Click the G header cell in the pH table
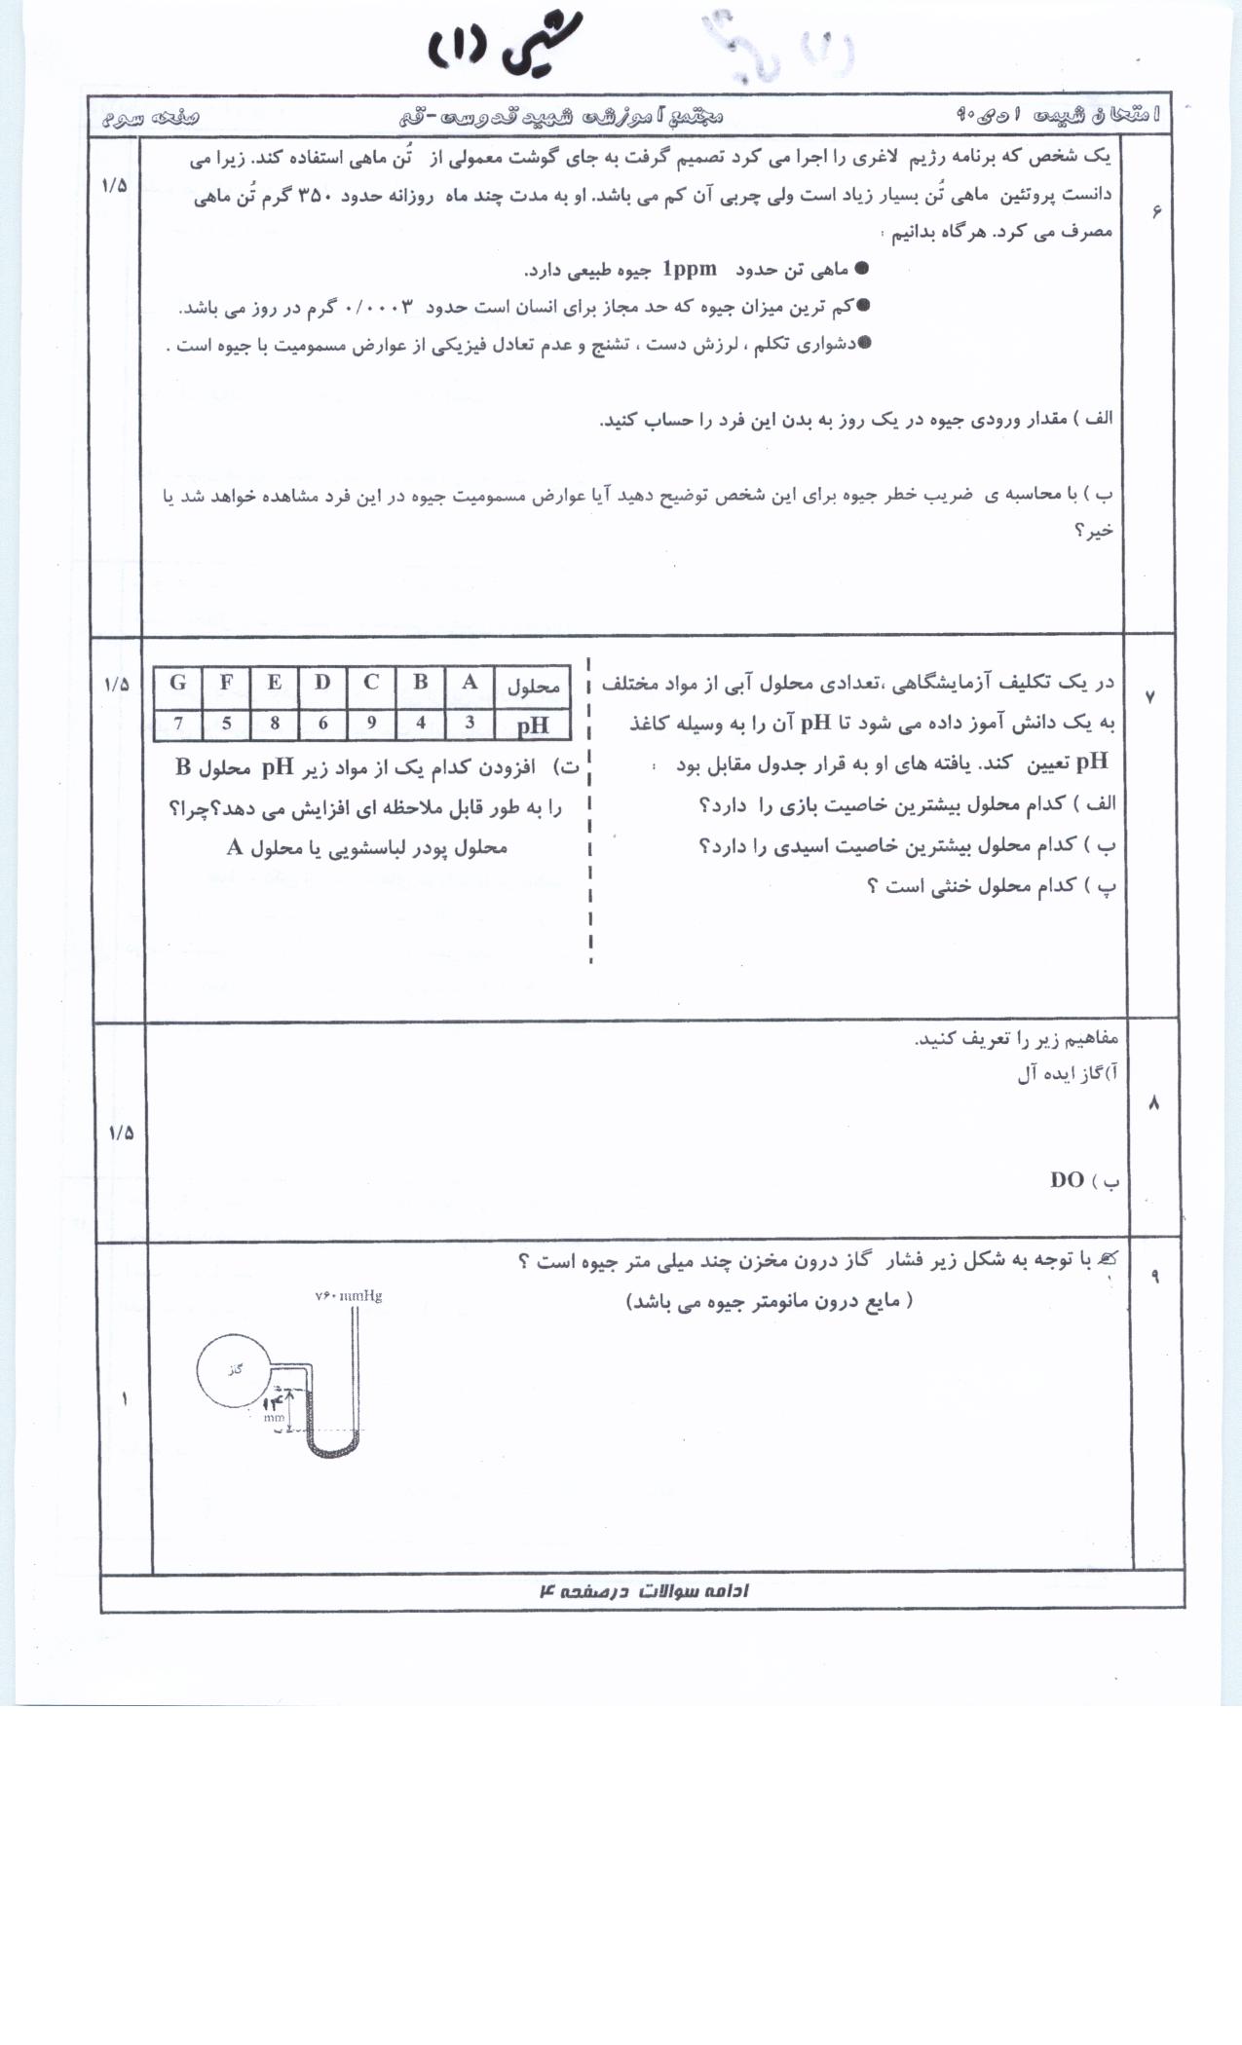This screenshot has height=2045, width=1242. coord(177,684)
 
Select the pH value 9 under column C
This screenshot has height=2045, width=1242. coord(371,724)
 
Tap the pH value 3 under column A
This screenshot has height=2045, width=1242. coord(470,724)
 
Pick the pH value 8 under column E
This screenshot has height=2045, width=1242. coord(275,724)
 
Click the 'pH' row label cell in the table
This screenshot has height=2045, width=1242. coord(532,725)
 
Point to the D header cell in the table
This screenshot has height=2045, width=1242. coord(322,684)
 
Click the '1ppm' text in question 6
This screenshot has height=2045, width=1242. coord(689,269)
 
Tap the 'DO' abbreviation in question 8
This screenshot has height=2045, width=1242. coord(1067,1180)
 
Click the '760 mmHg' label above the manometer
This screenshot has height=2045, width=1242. coord(348,1296)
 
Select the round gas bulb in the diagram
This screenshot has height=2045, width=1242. coord(234,1370)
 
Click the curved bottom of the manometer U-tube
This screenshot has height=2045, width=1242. coord(332,1450)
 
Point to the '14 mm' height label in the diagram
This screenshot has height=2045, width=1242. coord(274,1406)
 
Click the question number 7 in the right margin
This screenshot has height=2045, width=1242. coord(1150,697)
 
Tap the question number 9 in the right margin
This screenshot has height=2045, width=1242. coord(1155,1277)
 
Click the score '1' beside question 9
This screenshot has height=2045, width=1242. coord(125,1399)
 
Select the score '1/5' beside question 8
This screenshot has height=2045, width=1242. coord(121,1133)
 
